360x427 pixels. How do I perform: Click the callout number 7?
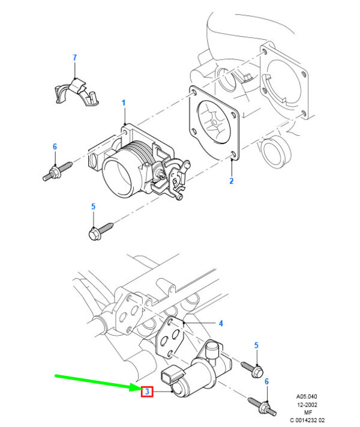74,58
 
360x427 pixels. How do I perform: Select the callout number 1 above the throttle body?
124,103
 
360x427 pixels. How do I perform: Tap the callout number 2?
231,181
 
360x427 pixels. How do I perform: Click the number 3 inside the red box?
147,392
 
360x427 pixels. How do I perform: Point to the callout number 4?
221,323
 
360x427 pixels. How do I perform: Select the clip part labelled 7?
76,92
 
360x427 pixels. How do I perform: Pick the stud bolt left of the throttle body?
57,171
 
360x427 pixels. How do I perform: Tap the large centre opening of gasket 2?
214,122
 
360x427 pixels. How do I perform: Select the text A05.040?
307,396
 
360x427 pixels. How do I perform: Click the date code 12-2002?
307,405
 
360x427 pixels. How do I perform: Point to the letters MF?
308,413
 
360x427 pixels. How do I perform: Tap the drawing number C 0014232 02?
307,420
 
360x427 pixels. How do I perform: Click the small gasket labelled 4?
170,337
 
